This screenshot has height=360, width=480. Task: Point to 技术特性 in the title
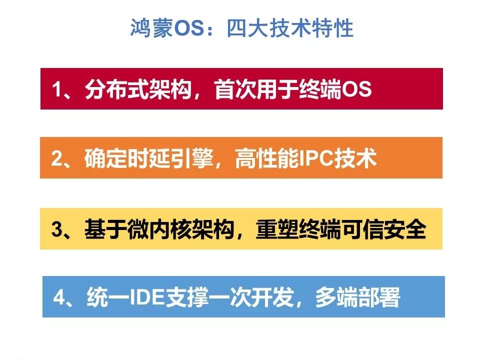point(311,28)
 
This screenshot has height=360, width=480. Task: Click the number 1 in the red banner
point(57,89)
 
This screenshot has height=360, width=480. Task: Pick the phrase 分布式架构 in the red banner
point(138,89)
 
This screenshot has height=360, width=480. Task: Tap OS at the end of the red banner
point(356,89)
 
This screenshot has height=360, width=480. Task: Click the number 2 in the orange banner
point(57,158)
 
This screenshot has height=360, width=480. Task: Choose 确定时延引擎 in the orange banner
point(149,158)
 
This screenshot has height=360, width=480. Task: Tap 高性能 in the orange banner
point(267,158)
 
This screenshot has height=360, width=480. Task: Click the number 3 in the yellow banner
point(57,228)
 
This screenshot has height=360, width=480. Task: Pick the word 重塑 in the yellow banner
point(277,228)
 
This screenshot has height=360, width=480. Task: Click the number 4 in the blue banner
point(59,297)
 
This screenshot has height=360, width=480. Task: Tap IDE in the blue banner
point(147,297)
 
